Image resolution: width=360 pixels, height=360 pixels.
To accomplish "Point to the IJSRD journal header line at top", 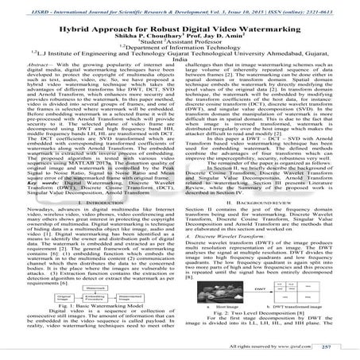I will point(180,6).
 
